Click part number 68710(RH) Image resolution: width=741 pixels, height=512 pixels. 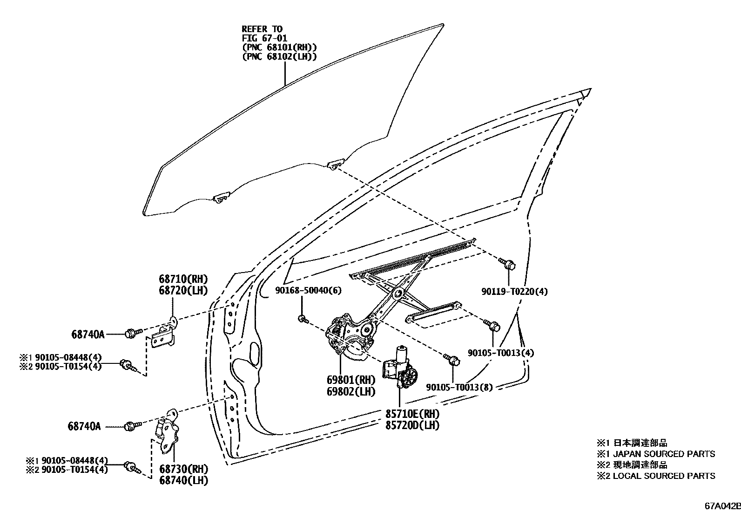coord(183,280)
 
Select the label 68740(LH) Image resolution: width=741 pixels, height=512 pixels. coord(183,480)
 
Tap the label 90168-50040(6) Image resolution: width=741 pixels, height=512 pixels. coord(301,291)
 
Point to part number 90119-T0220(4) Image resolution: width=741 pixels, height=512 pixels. coord(514,292)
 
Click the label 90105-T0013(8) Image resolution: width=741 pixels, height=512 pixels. coord(458,387)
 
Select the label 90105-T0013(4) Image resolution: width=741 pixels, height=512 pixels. coord(500,353)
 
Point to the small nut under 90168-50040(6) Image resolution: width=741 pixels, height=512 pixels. coord(303,319)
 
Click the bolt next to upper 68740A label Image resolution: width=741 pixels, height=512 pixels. coord(132,333)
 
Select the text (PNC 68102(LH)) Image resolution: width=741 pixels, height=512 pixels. coord(279,57)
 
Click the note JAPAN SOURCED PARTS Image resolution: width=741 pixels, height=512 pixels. coord(664,454)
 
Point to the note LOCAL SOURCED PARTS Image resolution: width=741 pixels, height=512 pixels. coord(664,476)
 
